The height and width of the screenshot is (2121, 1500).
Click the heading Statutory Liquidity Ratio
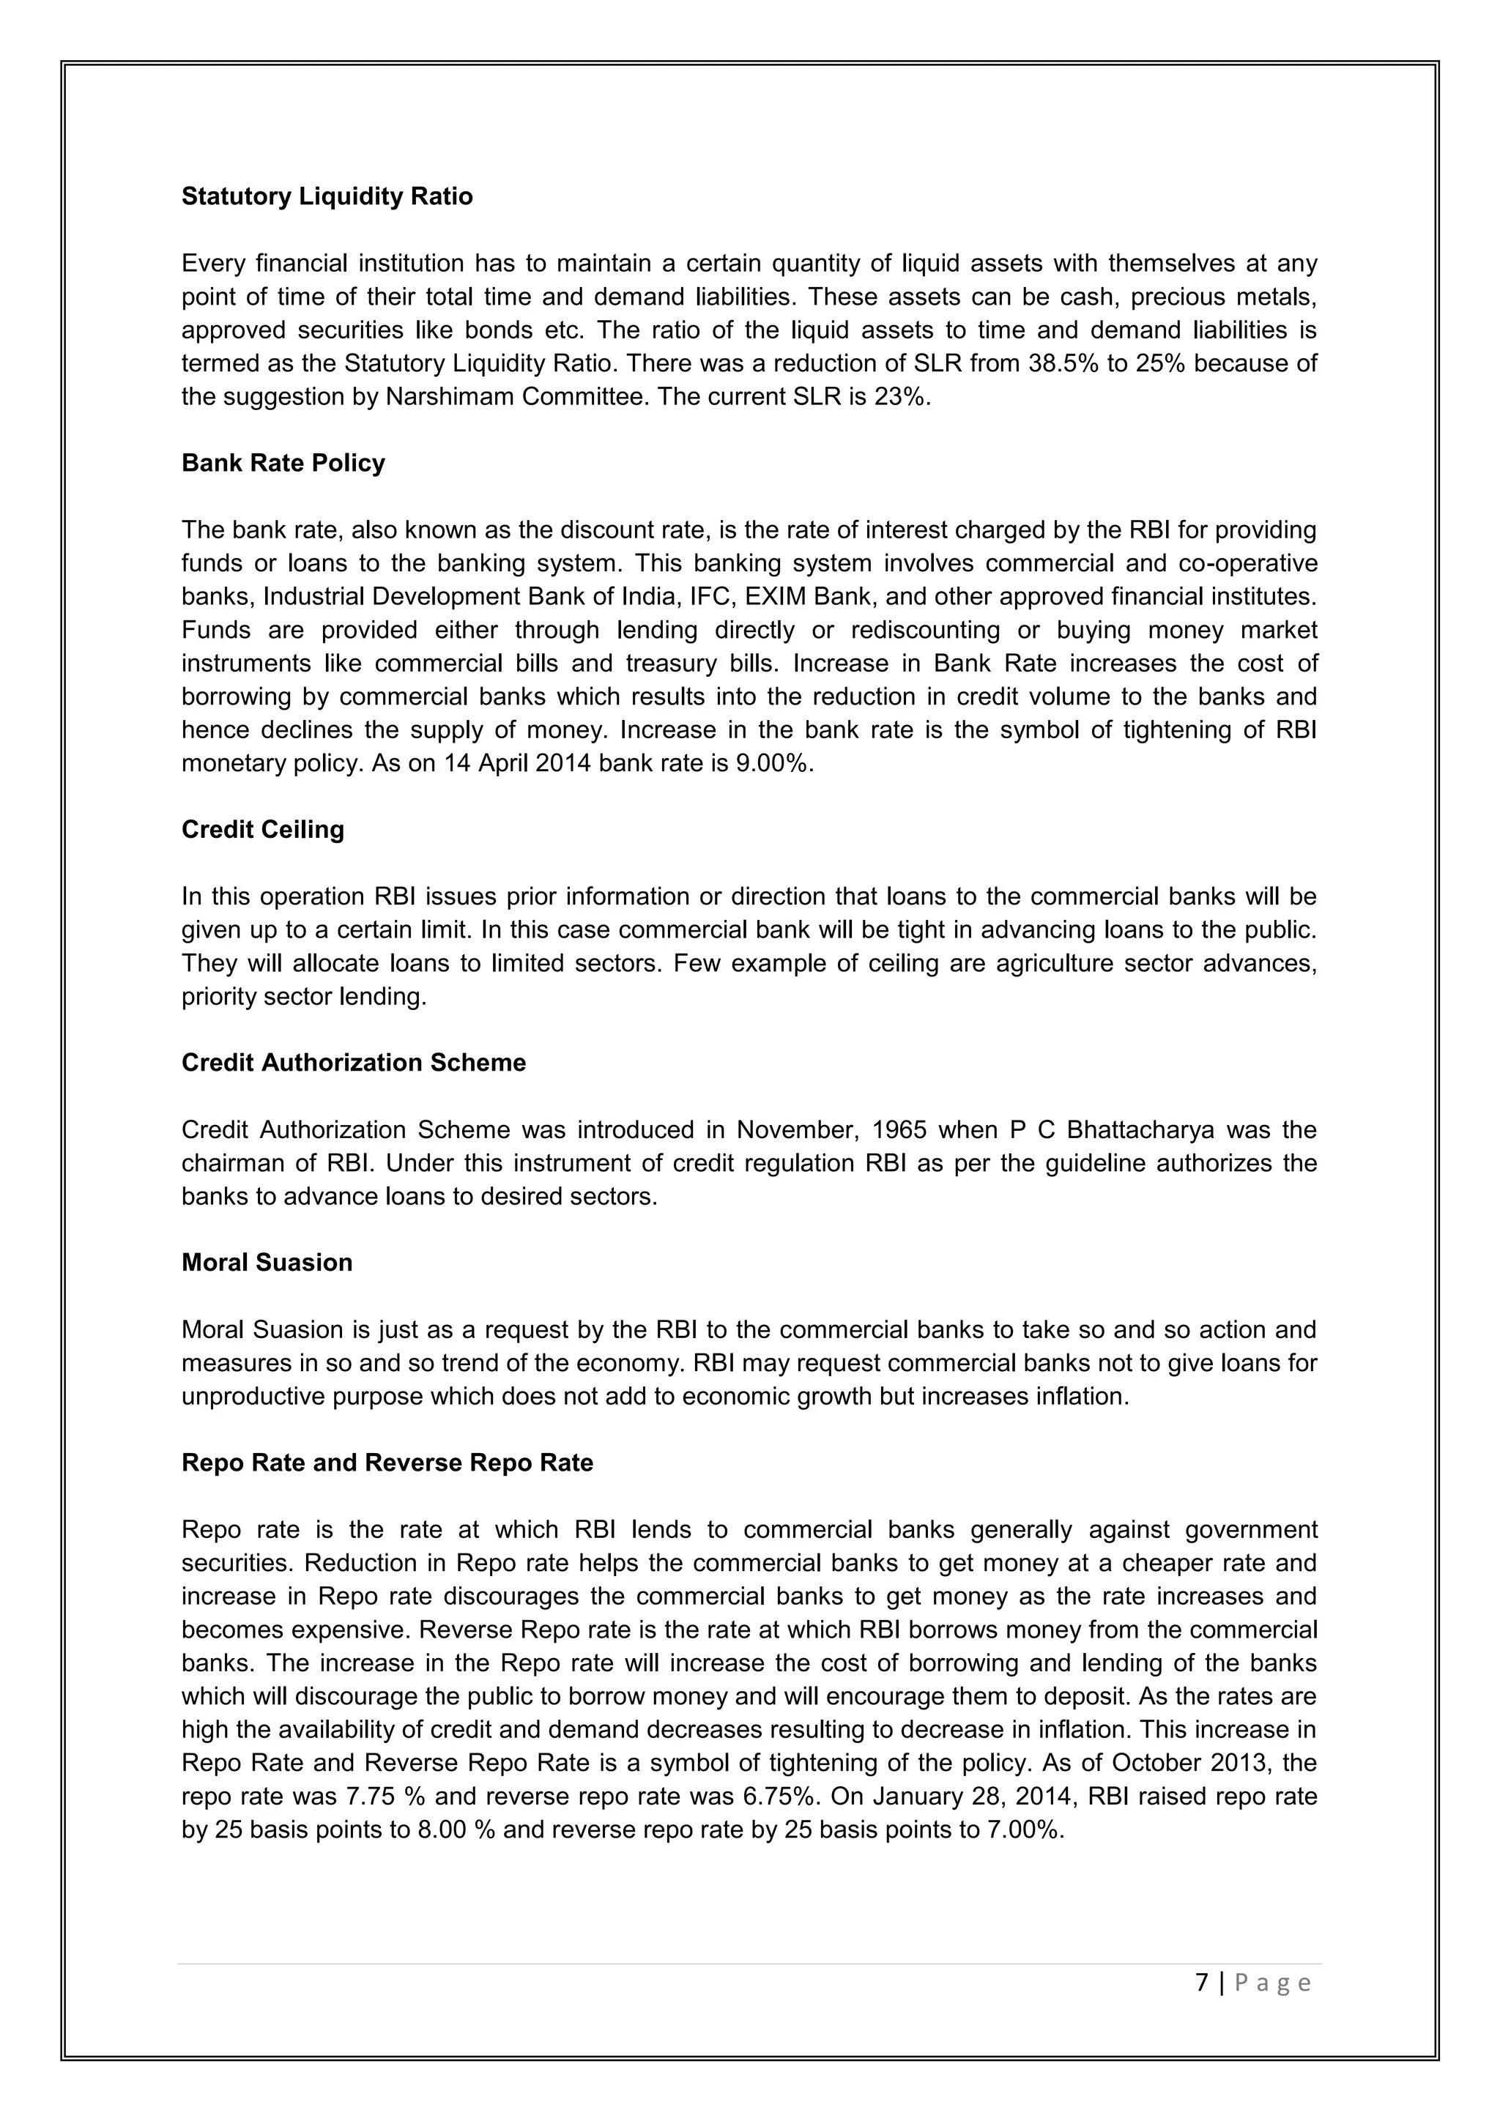327,197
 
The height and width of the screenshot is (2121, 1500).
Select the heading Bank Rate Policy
283,463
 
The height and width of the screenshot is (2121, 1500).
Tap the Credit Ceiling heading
262,830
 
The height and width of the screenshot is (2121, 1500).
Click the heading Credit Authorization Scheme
354,1063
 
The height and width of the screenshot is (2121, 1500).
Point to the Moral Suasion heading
267,1263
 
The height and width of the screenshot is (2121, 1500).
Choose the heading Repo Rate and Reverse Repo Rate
387,1463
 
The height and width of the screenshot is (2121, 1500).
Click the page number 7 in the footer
1202,1983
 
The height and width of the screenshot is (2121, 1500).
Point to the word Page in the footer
1273,1983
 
